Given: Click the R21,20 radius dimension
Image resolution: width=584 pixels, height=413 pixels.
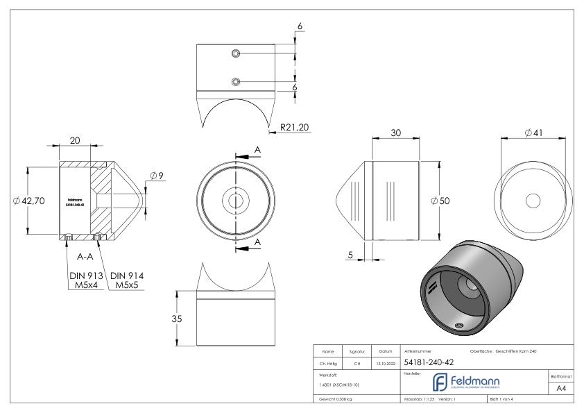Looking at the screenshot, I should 295,128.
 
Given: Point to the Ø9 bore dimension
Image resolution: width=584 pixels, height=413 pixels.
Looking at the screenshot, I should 156,176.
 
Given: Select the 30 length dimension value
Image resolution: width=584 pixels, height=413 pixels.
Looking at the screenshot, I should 395,133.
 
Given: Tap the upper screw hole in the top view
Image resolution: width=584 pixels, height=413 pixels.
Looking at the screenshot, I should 237,53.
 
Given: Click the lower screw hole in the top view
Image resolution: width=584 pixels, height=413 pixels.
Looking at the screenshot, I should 237,81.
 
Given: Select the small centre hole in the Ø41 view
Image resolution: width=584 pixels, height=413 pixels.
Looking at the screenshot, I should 533,201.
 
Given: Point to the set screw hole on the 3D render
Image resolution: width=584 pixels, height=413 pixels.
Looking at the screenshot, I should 458,325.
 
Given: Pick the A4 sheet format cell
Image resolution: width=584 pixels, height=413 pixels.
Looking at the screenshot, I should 560,388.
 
